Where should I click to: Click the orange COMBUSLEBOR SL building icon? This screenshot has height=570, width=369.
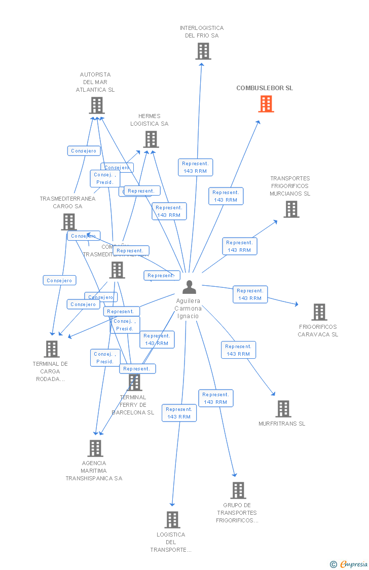[266, 104]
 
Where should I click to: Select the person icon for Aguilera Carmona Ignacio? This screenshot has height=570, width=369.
[189, 287]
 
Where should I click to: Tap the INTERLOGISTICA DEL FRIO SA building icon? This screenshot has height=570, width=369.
[203, 51]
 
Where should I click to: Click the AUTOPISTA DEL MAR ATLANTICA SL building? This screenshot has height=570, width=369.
[96, 105]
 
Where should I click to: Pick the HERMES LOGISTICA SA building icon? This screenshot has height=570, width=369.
[151, 139]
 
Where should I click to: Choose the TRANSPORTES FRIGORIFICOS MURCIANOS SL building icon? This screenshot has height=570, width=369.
[291, 209]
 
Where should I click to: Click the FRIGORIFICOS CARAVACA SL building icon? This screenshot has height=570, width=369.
[319, 312]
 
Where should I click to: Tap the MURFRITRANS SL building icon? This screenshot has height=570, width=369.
[283, 409]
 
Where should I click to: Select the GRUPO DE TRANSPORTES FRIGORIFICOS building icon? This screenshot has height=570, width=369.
[238, 490]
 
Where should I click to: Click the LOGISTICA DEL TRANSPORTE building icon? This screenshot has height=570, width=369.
[172, 520]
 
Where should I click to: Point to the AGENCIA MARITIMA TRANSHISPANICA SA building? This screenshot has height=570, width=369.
[95, 448]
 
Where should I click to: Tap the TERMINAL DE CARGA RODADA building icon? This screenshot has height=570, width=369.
[51, 349]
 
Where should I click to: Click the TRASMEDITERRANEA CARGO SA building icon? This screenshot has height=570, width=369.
[69, 222]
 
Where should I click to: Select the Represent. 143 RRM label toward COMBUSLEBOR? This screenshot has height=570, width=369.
[226, 196]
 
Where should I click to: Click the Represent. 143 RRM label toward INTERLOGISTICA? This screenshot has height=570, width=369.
[195, 167]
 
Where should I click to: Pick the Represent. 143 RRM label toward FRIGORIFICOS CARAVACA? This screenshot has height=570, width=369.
[250, 294]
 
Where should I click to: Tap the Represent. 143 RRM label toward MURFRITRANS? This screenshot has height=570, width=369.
[238, 350]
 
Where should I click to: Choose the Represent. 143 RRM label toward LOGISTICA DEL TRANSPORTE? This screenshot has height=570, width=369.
[179, 413]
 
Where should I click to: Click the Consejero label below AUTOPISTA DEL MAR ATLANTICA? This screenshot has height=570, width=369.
[84, 151]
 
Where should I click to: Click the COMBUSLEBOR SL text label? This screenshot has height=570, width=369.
[265, 88]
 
